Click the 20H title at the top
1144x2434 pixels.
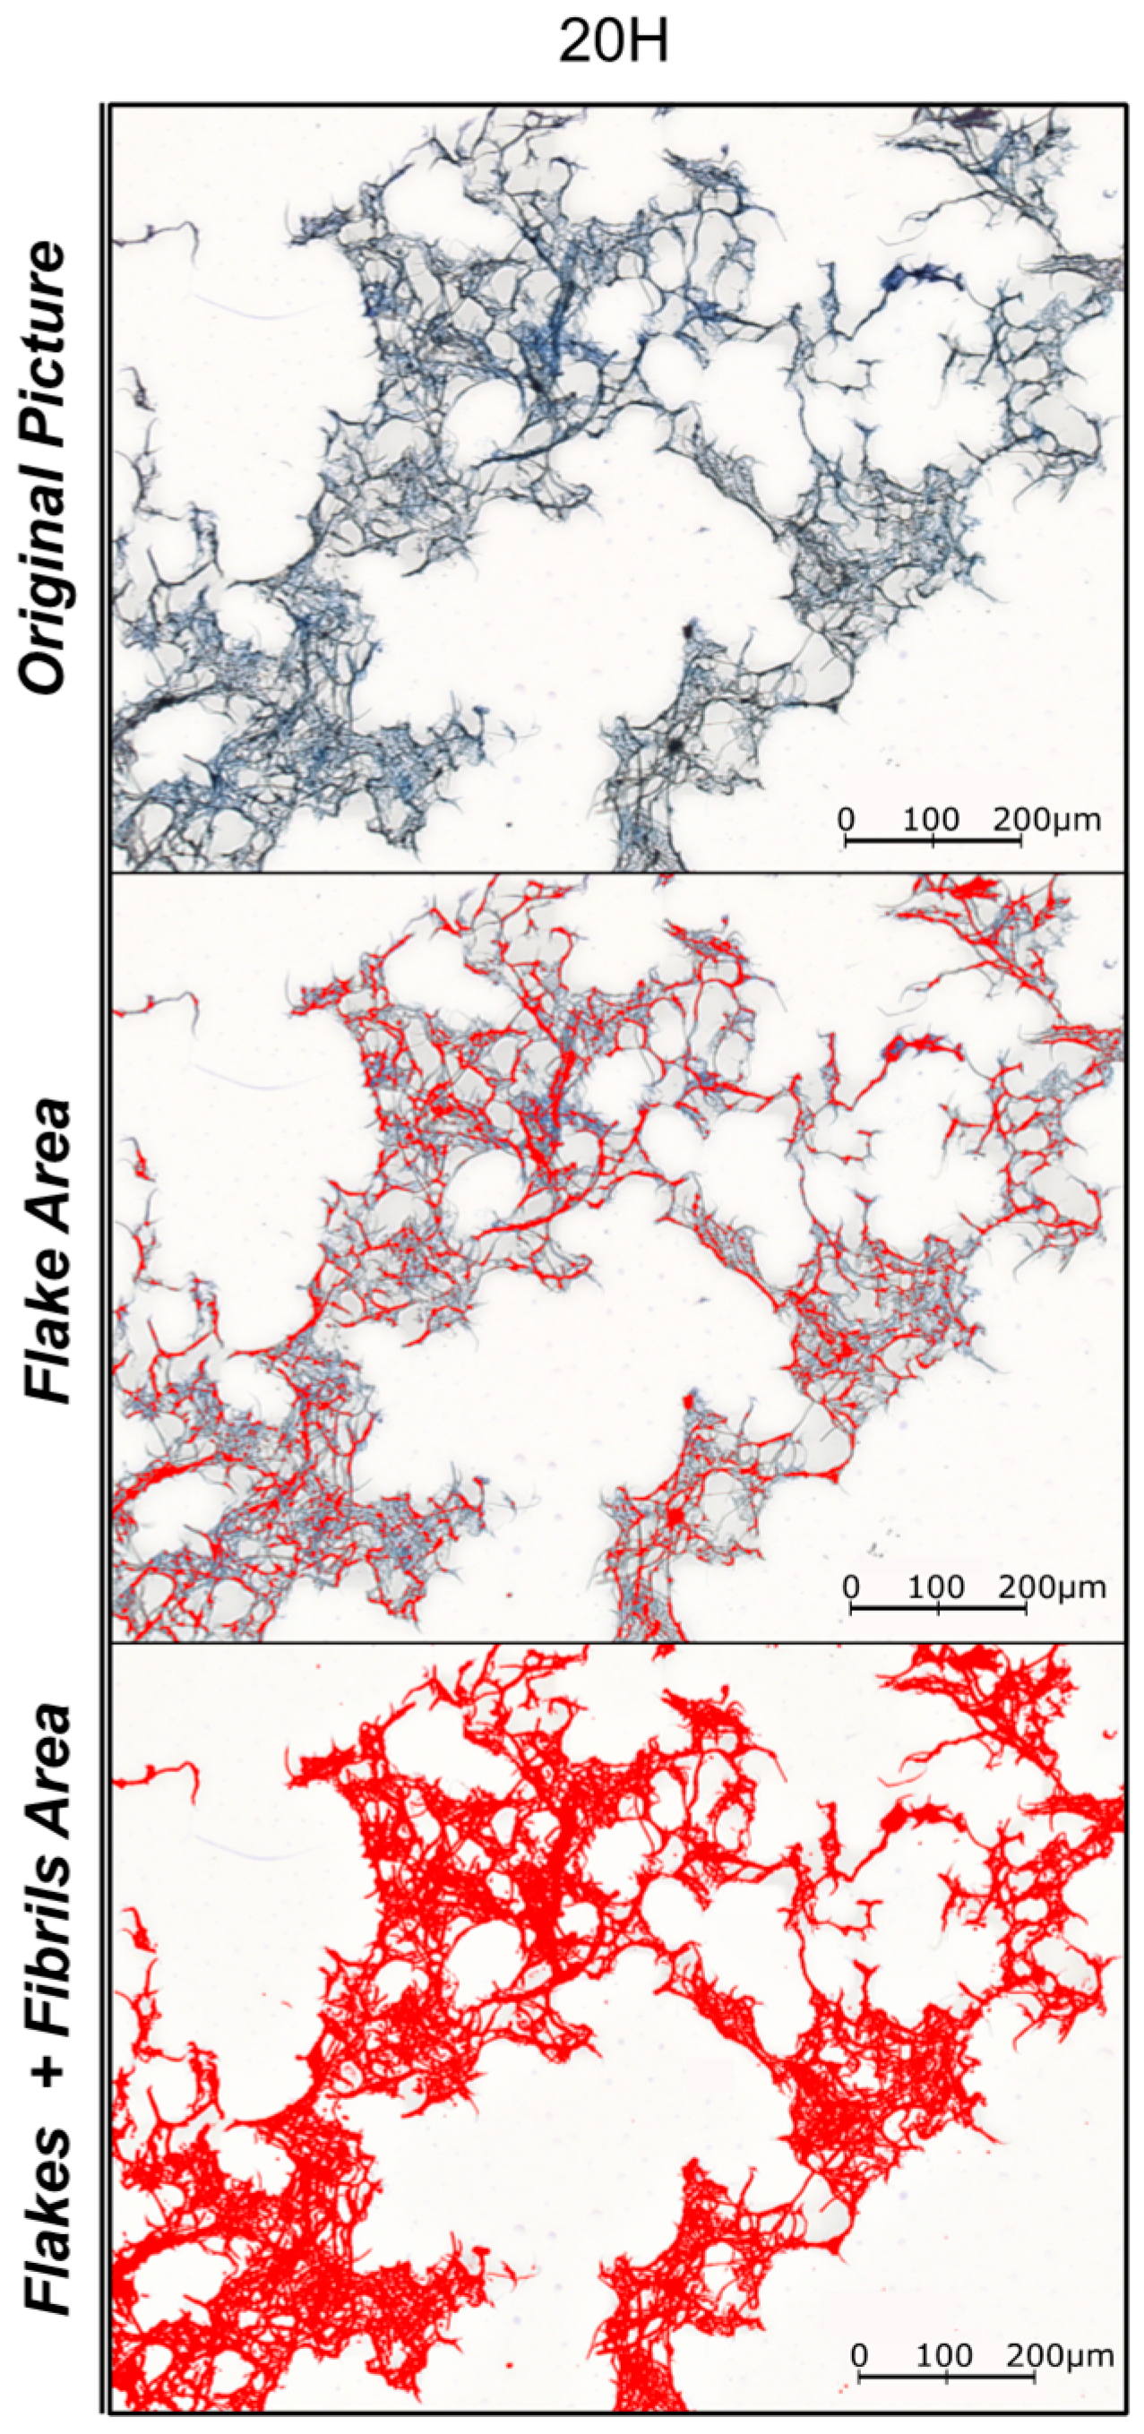click(613, 42)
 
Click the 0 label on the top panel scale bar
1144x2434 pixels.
click(846, 819)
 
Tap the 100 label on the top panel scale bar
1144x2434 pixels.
click(931, 819)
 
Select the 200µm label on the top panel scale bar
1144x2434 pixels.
click(1046, 819)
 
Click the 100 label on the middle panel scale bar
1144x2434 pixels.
click(936, 1587)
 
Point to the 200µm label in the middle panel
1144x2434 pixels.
click(1053, 1587)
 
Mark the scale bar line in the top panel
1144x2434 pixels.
click(933, 839)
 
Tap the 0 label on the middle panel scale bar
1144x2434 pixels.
click(851, 1587)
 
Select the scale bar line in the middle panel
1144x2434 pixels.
click(938, 1606)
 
